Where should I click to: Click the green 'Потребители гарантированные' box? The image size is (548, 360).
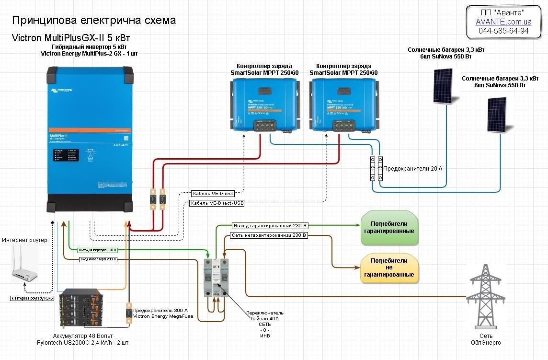coord(389,227)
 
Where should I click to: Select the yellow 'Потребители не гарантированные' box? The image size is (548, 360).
coord(389,267)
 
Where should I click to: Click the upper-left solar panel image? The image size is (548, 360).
coord(443,85)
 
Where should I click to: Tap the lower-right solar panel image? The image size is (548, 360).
coord(497,114)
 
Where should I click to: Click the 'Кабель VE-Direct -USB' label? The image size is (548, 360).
coord(217,203)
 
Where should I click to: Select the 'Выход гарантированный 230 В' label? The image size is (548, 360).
coord(270,225)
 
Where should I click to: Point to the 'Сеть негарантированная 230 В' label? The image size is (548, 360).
coord(269,235)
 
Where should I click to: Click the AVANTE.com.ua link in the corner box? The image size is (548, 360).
coord(503,22)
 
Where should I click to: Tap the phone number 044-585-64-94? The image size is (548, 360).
coord(503,31)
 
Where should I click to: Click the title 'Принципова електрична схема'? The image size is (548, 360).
coord(94,21)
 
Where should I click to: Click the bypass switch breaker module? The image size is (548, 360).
coord(215,277)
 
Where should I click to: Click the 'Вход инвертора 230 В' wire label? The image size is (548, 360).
coord(98,259)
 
